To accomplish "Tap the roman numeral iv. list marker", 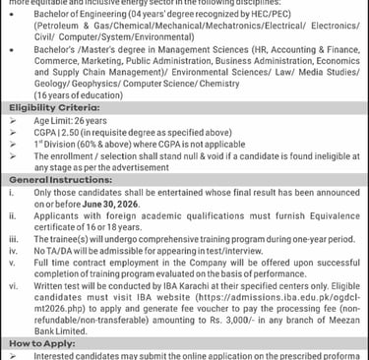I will tap(12, 252).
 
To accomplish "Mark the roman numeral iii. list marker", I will tap(12, 239).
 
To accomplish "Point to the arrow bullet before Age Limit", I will tap(12, 144).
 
